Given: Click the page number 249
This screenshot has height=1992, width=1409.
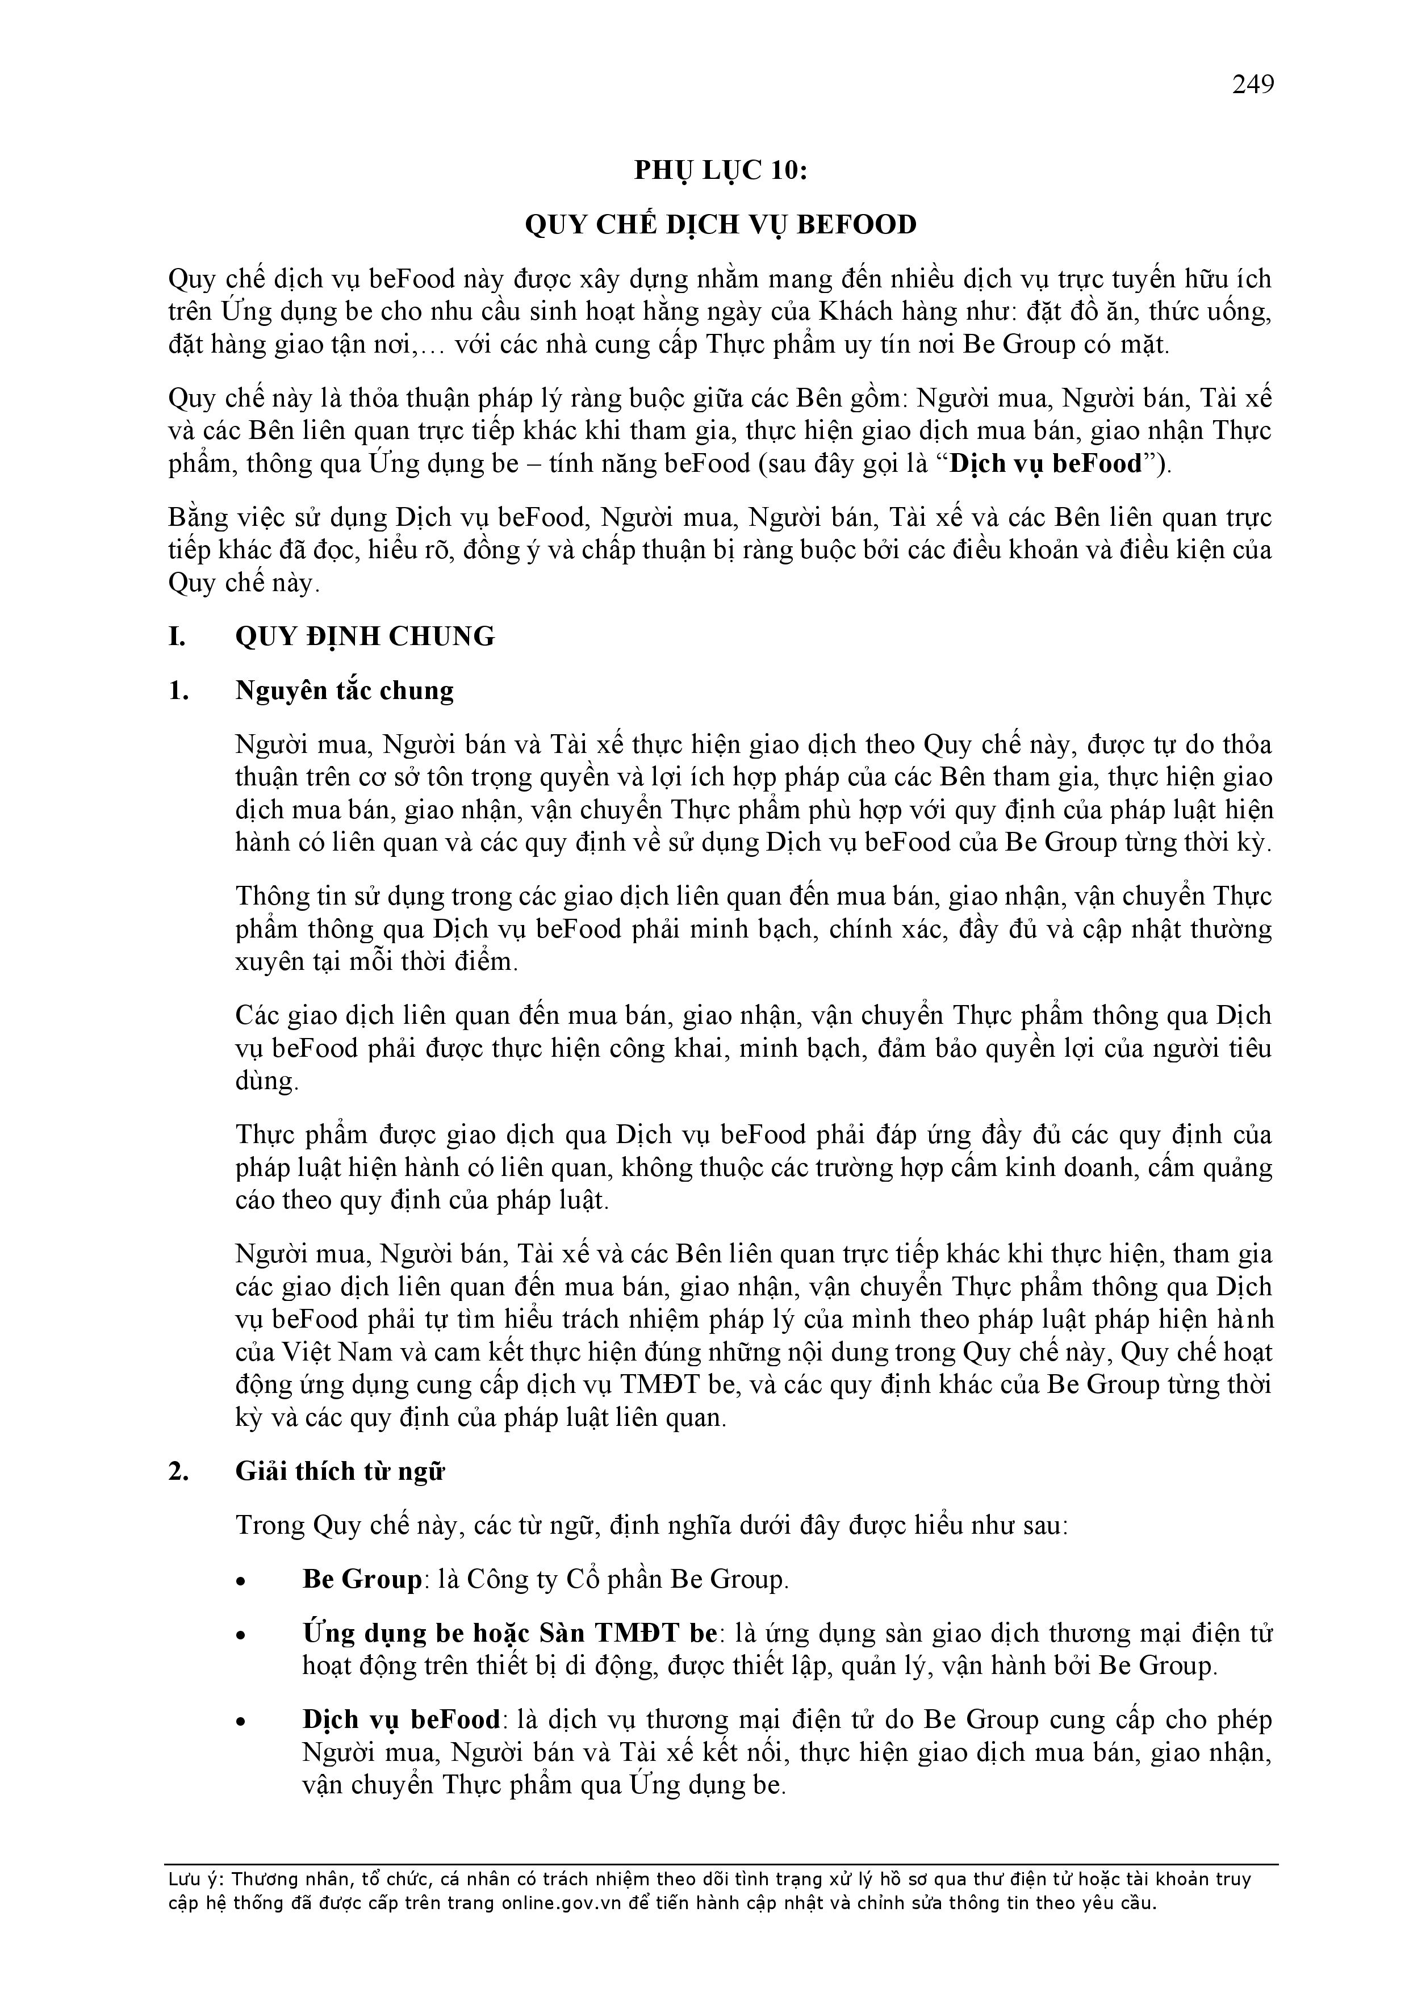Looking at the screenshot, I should click(1252, 85).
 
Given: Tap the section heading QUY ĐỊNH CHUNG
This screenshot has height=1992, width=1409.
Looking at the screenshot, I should click(365, 636).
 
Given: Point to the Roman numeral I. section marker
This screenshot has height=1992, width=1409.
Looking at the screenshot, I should click(177, 636).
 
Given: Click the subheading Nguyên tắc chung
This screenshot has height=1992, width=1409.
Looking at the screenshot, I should click(345, 690).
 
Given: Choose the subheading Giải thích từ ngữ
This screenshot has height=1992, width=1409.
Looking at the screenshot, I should click(339, 1471).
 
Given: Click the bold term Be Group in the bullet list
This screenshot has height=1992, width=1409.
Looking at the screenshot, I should click(362, 1579).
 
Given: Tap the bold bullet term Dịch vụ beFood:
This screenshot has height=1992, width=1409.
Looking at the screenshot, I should click(402, 1719).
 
